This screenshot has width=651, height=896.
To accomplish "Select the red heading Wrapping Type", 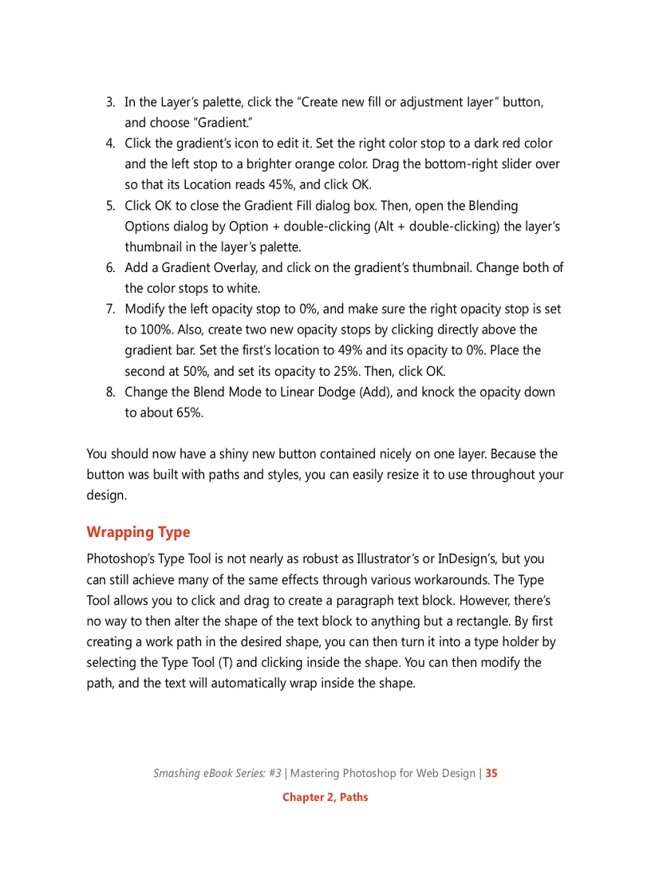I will click(138, 532).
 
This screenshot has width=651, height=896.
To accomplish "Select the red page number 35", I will click(491, 773).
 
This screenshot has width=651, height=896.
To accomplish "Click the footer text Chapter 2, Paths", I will click(325, 797).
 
